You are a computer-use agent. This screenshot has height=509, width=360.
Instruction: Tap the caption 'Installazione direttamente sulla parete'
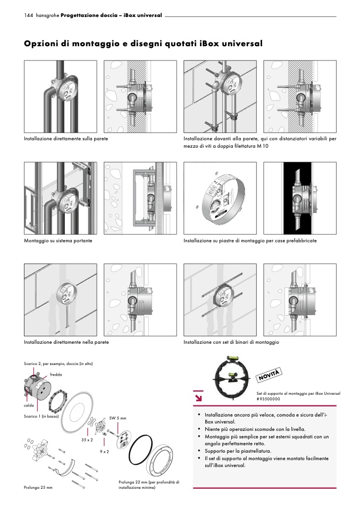pos(66,139)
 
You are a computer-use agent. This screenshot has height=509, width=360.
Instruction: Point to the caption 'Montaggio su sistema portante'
pos(58,241)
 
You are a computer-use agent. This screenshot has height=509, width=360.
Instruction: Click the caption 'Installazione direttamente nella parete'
pos(66,342)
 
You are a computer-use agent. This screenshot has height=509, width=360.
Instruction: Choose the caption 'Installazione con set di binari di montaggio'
pos(231,342)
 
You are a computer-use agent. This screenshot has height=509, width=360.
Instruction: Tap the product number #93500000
pos(270,398)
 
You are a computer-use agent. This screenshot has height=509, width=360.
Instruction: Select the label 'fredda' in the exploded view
pos(56,375)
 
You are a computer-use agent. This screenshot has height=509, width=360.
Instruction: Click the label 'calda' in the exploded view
pos(29,405)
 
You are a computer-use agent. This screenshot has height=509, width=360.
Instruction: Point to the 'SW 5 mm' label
pos(117,418)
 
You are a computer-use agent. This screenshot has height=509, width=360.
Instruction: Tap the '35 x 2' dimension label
pos(87,440)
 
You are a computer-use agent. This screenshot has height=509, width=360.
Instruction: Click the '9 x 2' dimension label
pos(104,451)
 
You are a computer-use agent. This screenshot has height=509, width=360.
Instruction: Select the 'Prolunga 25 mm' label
pos(38,487)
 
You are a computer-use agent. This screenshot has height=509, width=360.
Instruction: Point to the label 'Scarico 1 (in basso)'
pos(41,416)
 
